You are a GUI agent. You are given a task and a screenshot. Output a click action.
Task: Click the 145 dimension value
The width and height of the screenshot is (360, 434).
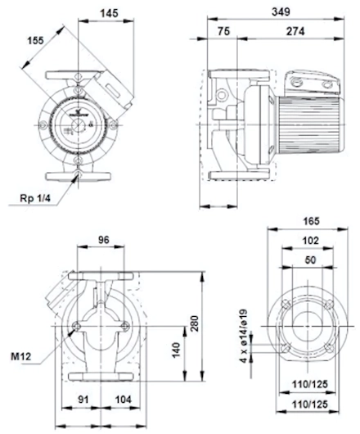[109, 13]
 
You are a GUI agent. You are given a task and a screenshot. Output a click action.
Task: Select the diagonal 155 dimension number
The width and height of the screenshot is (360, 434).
[36, 40]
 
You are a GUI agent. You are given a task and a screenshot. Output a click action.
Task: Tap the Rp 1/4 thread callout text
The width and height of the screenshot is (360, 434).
[35, 198]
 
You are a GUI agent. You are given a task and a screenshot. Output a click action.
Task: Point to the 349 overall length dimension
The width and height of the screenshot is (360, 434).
[281, 11]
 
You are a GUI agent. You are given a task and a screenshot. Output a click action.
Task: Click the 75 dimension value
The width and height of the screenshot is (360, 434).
[223, 31]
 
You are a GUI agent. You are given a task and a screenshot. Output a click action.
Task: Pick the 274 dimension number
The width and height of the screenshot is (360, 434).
[295, 31]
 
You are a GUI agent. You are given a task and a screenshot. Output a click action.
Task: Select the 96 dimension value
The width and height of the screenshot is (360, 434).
[104, 240]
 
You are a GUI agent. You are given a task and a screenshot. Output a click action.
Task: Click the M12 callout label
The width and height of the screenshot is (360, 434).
[21, 356]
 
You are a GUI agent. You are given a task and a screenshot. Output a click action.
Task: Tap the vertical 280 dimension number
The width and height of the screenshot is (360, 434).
[195, 323]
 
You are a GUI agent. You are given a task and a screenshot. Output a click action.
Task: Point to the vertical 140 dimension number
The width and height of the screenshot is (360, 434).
[176, 350]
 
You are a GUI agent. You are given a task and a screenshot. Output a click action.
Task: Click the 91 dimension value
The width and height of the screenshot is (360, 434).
[83, 400]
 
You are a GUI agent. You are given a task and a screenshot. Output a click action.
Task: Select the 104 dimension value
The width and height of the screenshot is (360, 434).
[123, 400]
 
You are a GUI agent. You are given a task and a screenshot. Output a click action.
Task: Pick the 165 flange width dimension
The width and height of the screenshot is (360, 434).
[312, 221]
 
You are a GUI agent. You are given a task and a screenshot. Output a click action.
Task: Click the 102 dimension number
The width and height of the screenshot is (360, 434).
[311, 241]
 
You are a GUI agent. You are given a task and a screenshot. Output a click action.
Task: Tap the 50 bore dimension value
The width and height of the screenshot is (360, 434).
[310, 260]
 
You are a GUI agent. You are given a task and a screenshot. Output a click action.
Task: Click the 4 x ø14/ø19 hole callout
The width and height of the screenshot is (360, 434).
[243, 336]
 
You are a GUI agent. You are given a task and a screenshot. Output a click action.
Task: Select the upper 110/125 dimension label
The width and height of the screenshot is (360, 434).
[309, 384]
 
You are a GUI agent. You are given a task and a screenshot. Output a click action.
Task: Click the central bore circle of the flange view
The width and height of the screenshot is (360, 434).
[307, 326]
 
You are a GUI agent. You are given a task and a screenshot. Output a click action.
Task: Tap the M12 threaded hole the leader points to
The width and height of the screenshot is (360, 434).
[76, 327]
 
